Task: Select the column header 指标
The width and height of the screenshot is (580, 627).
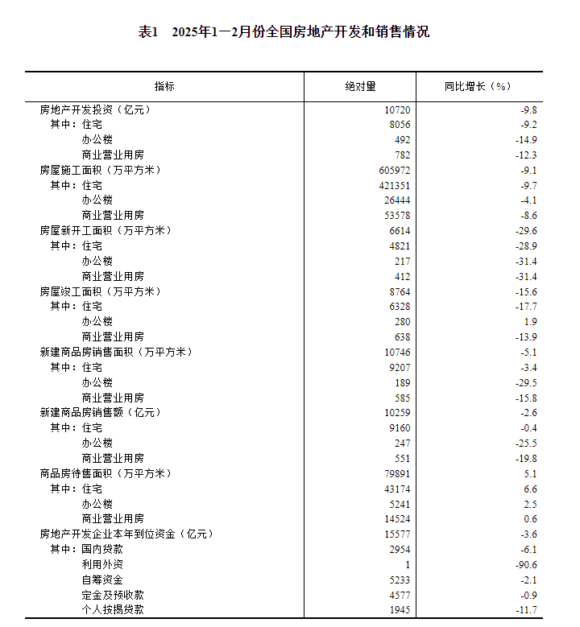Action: coord(164,86)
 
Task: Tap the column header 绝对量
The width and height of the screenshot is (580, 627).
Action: coord(360,86)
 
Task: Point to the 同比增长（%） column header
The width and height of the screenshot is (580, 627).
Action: coord(478,86)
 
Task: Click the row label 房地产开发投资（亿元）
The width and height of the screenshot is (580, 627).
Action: coord(95,109)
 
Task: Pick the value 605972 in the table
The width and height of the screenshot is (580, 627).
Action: coord(393,170)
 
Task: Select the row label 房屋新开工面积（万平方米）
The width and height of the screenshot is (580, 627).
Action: coord(106,230)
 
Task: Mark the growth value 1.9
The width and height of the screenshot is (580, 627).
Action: coord(530,321)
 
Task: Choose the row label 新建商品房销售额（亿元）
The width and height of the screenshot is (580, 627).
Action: coord(100,412)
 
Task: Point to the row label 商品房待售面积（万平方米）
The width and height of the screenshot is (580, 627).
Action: coord(106,473)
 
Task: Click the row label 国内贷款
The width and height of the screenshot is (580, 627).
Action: coord(102,549)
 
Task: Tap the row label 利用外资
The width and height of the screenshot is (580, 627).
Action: coord(102,564)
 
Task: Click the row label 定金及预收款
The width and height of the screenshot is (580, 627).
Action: coord(113,595)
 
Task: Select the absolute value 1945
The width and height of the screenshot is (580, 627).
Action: coord(399,610)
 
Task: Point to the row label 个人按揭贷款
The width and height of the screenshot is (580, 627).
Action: coord(113,610)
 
